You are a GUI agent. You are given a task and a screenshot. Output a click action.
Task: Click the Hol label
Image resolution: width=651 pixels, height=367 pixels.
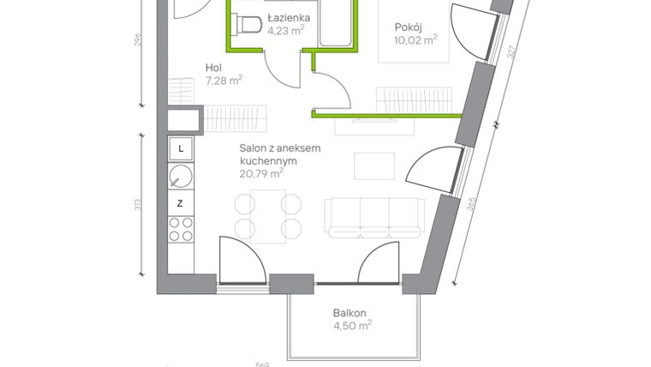click(214, 69)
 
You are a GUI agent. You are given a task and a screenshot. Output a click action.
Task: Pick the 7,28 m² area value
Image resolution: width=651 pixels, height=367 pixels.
click(224, 81)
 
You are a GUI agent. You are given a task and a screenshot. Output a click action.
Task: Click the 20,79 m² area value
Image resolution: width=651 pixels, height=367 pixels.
click(261, 173)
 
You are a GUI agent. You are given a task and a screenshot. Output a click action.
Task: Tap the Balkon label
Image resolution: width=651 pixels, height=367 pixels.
click(351, 313)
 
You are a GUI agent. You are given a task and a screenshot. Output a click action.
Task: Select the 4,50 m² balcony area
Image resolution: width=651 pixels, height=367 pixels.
click(352, 326)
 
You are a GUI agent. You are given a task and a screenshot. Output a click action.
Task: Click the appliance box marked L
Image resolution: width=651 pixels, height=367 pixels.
click(180, 148)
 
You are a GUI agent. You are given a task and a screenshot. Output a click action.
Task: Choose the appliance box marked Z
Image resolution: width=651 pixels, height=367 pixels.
click(180, 203)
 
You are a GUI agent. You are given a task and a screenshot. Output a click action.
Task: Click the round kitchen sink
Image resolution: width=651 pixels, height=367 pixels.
click(180, 177)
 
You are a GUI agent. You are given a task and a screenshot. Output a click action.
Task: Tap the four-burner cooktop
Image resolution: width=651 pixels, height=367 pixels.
click(180, 229)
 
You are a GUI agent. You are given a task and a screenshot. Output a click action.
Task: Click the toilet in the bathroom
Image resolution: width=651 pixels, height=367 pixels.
click(248, 26)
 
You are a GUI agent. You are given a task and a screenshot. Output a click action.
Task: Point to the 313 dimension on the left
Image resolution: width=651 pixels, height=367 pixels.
click(139, 206)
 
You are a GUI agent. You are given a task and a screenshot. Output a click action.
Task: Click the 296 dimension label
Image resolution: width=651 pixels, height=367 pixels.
click(139, 41)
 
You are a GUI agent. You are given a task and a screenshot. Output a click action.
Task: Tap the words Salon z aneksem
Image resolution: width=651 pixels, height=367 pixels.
click(280, 148)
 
